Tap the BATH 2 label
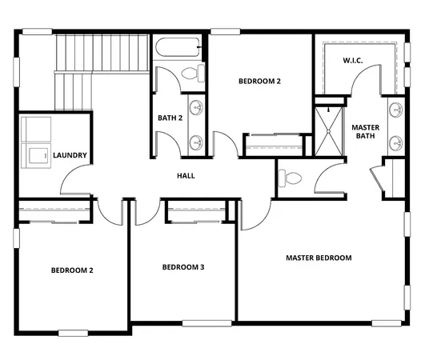coord(170,118)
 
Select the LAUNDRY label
coord(70,155)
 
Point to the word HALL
coord(186,175)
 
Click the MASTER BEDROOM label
coord(319,258)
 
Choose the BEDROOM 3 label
coord(183,266)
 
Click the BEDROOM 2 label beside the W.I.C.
coord(260,81)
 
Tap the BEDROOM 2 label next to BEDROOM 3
coord(72,270)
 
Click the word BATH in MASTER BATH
coord(365,135)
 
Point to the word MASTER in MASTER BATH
coord(365,126)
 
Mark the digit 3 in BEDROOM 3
coord(202,266)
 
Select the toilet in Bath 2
coord(190,74)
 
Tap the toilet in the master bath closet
coord(290,178)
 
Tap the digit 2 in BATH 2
coord(181,118)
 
